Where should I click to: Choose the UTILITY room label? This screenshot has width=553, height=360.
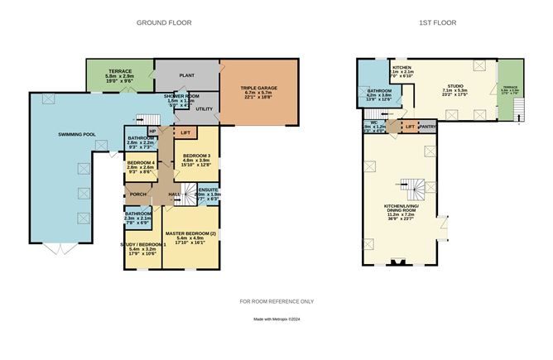(205, 108)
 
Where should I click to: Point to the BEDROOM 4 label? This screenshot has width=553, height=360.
(141, 162)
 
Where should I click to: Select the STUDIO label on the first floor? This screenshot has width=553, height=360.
(454, 84)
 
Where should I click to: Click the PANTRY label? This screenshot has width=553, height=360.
(427, 127)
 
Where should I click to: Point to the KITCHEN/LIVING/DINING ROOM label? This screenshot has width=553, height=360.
(400, 208)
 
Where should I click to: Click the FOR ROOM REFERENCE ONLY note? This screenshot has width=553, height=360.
(276, 301)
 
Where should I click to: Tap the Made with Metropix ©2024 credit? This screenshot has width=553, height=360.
(276, 319)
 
